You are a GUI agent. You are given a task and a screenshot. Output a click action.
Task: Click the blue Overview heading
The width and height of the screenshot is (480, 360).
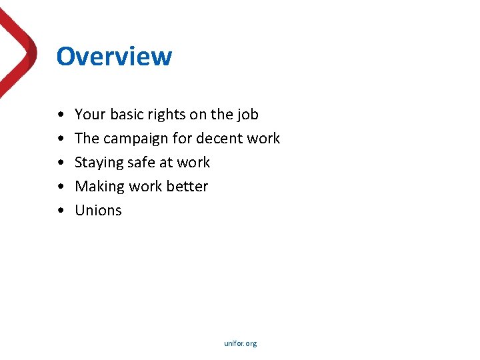click(x=114, y=57)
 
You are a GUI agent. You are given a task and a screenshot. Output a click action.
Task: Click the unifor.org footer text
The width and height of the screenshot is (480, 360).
click(x=241, y=343)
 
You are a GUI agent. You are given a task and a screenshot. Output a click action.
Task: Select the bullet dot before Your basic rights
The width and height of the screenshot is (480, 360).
click(x=61, y=115)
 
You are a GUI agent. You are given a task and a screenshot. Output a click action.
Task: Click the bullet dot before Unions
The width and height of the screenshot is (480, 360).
click(x=61, y=211)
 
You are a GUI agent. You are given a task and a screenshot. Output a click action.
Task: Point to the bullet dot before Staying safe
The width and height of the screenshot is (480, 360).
click(x=61, y=163)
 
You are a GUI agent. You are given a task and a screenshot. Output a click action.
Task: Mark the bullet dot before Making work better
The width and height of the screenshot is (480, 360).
click(x=61, y=187)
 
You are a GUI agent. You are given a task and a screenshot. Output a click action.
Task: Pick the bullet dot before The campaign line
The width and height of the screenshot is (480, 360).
click(x=61, y=139)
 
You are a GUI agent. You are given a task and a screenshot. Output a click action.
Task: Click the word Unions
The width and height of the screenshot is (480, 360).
click(x=98, y=211)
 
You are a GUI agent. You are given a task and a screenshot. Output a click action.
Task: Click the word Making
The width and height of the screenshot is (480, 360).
click(x=99, y=187)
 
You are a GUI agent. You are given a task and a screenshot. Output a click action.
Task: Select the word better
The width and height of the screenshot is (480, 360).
click(x=188, y=187)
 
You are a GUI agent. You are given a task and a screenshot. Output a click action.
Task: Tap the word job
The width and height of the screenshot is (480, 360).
click(x=248, y=115)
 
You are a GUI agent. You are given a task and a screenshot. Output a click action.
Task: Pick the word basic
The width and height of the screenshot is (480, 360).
click(x=125, y=115)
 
